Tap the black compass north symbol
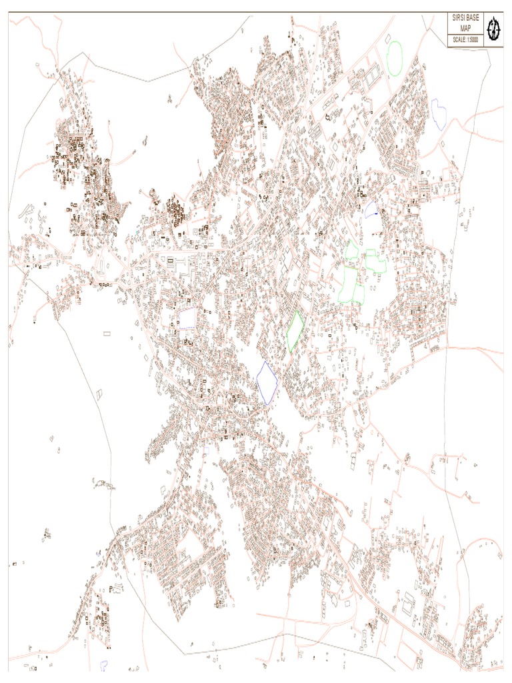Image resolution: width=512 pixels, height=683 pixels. tap(494, 29)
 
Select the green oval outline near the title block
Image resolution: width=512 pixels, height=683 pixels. tap(395, 58)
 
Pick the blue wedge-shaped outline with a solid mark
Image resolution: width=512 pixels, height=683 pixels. tap(371, 209)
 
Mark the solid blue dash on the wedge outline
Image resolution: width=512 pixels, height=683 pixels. tap(377, 213)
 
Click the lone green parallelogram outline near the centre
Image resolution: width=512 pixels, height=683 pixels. tap(295, 331)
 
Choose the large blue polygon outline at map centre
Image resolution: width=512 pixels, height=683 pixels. tap(267, 382)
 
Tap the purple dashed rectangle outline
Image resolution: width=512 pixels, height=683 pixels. tap(187, 318)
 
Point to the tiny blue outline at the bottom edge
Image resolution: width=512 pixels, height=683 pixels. tap(103, 665)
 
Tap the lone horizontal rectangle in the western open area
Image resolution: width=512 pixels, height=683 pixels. tap(107, 332)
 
